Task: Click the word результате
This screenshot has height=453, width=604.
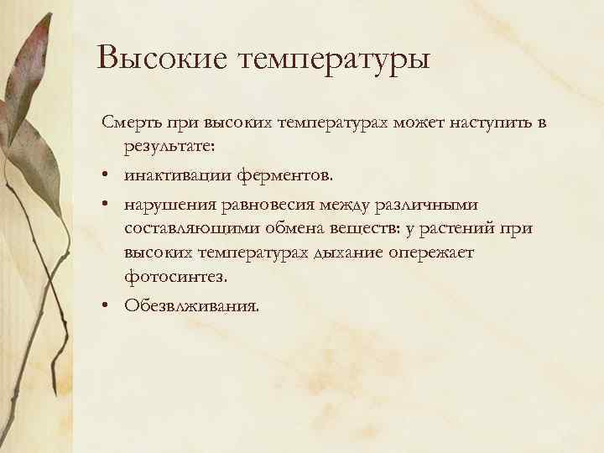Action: tap(169, 148)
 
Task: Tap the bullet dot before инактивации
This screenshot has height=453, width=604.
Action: tap(109, 177)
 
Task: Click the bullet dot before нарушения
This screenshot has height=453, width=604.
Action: tap(109, 206)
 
